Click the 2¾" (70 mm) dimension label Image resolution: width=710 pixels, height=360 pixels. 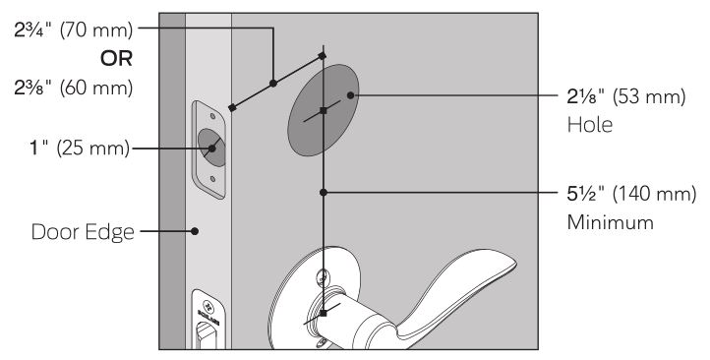coord(74,30)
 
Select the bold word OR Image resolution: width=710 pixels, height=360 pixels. coord(116,59)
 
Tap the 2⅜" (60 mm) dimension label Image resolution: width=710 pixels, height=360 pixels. coord(74,88)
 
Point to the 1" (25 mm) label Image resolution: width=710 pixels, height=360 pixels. coord(80,149)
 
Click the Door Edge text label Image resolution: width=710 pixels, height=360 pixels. coord(83,232)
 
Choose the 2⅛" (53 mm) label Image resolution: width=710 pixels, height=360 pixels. coord(626,97)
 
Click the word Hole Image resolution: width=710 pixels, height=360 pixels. coord(590,125)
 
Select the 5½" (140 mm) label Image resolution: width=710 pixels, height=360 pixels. coord(631,195)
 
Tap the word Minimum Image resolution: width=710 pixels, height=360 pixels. coord(611,222)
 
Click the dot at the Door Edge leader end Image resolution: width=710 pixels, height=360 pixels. coord(195,231)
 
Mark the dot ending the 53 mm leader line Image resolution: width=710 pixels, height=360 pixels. coord(350,95)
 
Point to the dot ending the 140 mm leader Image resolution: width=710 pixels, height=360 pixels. coord(324,193)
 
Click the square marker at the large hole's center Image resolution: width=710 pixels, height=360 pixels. coord(323,110)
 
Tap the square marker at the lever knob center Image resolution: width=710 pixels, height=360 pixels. coord(323,313)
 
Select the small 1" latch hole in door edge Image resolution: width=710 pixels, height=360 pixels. coord(211,148)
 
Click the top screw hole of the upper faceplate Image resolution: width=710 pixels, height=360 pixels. coord(212,116)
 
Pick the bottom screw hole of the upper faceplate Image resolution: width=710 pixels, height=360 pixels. coord(212,179)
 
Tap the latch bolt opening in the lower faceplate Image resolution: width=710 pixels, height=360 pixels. coord(207,336)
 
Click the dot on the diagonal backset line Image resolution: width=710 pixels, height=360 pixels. coord(273,84)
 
